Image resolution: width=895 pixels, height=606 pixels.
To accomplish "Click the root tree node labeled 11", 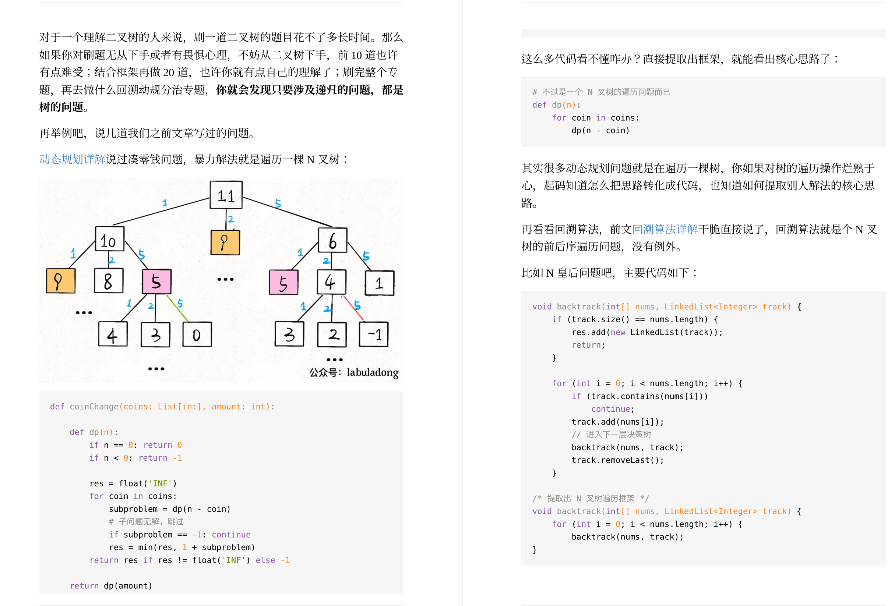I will tap(226, 195).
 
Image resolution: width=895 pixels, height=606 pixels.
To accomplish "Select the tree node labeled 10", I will tap(109, 239).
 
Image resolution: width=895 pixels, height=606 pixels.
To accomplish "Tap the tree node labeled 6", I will tap(332, 240).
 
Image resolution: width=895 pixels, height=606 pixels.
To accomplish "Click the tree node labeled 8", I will tap(109, 280).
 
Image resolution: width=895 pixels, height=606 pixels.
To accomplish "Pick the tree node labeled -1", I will tap(373, 334).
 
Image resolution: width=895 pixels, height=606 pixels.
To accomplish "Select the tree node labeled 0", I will tap(197, 334).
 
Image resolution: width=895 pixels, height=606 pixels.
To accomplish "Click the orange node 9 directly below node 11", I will tap(225, 242).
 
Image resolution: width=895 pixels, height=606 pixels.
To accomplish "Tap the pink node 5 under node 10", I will tap(156, 281).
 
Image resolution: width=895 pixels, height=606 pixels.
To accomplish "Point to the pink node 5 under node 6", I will tap(283, 283).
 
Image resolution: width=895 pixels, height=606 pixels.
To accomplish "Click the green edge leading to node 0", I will tap(177, 308).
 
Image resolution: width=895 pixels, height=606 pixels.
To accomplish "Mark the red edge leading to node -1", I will tap(353, 308).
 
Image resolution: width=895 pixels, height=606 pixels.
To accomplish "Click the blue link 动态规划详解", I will tap(72, 159).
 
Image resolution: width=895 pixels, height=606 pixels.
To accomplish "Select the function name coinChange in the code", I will tap(94, 407).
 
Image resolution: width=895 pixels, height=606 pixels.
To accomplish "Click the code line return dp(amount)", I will tap(111, 586).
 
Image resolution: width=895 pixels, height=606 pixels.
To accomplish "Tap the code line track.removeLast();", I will tap(617, 460).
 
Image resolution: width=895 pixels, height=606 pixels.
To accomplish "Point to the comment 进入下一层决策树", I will tap(618, 435).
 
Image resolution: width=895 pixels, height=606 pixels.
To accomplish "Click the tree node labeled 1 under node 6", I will tap(379, 283).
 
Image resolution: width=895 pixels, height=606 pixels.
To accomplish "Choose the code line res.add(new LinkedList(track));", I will tap(646, 332).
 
